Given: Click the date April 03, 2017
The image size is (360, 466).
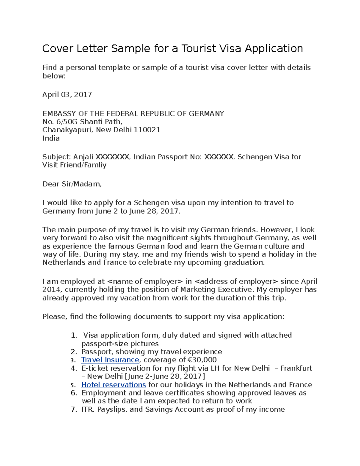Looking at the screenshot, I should tap(67, 95).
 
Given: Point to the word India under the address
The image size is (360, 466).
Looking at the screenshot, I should tap(51, 138).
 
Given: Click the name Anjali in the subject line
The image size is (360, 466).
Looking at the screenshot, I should tap(83, 157).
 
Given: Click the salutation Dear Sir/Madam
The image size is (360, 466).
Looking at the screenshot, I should tap(72, 184).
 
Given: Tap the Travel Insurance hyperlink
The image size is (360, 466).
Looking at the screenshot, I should tap(110, 360).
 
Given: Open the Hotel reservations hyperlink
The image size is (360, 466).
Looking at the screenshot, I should tap(113, 385).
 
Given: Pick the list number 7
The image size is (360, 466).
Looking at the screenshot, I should tap(74, 410).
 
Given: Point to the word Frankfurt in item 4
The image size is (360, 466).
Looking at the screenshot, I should tap(296, 368).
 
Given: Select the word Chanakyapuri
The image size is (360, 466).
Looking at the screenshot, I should tap(68, 130).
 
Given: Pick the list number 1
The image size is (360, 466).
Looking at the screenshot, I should tap(74, 335).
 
